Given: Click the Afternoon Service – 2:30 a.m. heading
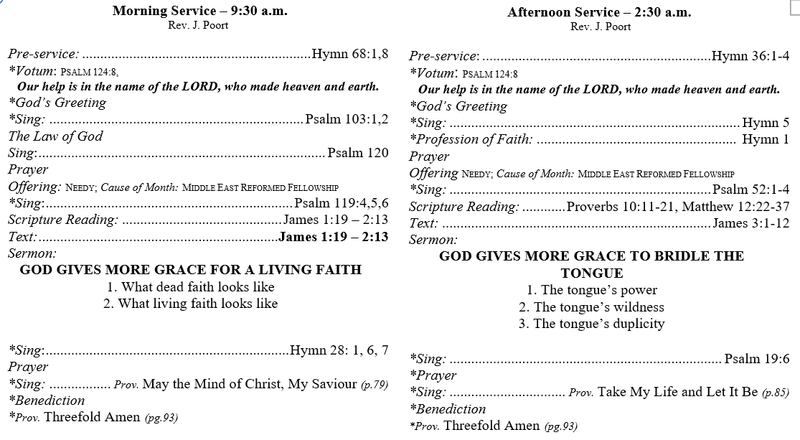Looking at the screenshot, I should click(x=599, y=12).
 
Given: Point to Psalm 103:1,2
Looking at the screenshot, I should click(x=347, y=119).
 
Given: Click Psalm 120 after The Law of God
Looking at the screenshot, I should click(x=357, y=153).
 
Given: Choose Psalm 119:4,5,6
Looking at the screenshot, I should click(x=342, y=203).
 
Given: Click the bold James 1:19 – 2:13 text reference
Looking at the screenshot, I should click(x=334, y=237).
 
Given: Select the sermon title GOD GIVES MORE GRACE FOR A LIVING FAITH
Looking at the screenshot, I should click(x=190, y=270).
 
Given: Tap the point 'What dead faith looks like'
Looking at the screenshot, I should click(x=190, y=287).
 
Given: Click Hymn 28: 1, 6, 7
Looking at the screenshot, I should click(x=339, y=350).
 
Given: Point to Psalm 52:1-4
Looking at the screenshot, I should click(x=750, y=189).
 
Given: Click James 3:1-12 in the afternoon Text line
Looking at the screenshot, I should click(x=750, y=223).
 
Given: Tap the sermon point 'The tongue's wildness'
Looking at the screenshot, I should click(x=592, y=307).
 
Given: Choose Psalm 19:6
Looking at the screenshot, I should click(x=757, y=359).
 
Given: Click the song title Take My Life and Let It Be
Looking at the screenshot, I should click(x=678, y=392).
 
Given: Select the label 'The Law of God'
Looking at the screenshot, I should click(x=55, y=136).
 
